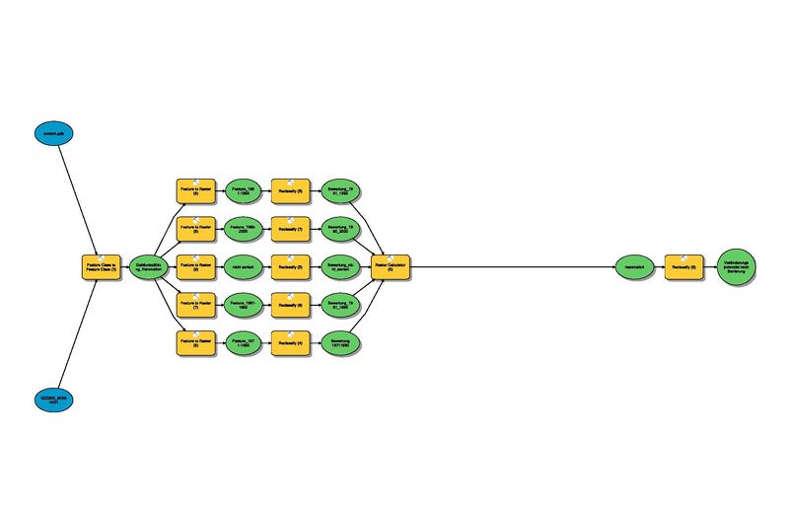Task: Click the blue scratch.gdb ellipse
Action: pyautogui.click(x=52, y=131)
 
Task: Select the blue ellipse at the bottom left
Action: pyautogui.click(x=52, y=399)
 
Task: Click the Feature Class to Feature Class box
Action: pyautogui.click(x=101, y=266)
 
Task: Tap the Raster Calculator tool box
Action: pyautogui.click(x=391, y=266)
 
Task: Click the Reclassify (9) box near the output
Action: pyautogui.click(x=683, y=266)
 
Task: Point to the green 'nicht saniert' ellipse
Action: pyautogui.click(x=243, y=266)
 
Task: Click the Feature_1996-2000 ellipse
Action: pyautogui.click(x=243, y=229)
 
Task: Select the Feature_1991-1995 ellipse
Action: pyautogui.click(x=243, y=305)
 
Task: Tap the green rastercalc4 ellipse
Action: pyautogui.click(x=633, y=266)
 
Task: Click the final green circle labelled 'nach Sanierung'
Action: pyautogui.click(x=736, y=266)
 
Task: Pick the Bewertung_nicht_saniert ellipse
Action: pyautogui.click(x=340, y=266)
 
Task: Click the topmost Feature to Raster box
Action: pyautogui.click(x=195, y=191)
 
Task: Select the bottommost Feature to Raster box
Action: pyautogui.click(x=195, y=342)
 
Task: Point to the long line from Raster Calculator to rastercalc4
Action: pyautogui.click(x=513, y=266)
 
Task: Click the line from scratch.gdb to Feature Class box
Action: pyautogui.click(x=77, y=197)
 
